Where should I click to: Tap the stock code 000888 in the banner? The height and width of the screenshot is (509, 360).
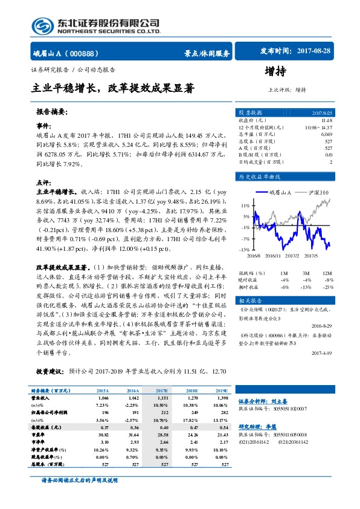pyautogui.click(x=88, y=53)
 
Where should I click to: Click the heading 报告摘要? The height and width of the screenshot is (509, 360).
pyautogui.click(x=51, y=112)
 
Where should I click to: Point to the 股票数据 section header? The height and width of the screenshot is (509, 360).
pyautogui.click(x=250, y=112)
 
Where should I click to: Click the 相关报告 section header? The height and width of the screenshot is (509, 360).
pyautogui.click(x=249, y=300)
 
